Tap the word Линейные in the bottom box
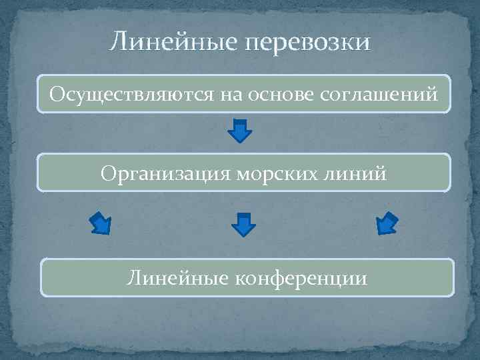point(174,277)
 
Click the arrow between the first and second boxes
point(240,130)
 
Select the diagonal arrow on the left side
point(101,223)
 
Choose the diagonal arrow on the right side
point(387,223)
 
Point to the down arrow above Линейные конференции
point(244,224)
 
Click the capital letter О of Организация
point(108,173)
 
